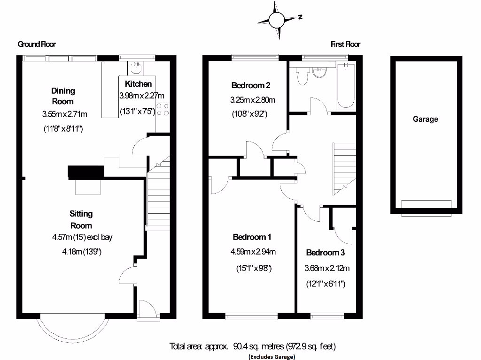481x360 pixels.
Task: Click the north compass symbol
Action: (x=277, y=20)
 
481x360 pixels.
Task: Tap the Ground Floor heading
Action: (x=36, y=44)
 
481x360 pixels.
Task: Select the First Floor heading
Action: (x=345, y=44)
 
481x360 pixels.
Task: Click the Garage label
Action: (x=425, y=119)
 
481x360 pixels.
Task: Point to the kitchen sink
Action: (x=137, y=68)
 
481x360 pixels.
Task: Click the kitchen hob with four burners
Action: (x=163, y=109)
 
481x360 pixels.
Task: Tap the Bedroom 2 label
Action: (x=251, y=85)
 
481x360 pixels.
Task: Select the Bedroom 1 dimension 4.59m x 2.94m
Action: (x=253, y=252)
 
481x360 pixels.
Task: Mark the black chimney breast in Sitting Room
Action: (x=85, y=172)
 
